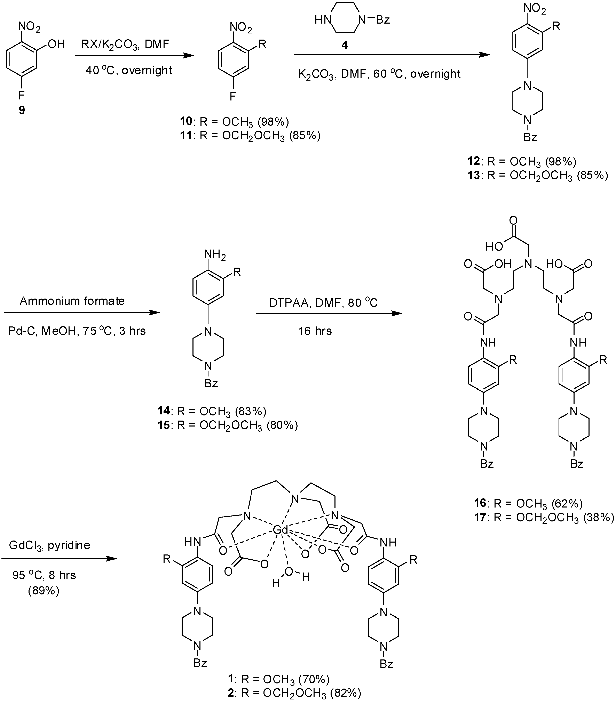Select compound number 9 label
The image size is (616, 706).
click(22, 110)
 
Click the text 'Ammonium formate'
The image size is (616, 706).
click(72, 301)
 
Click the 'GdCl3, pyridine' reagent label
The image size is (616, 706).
click(49, 545)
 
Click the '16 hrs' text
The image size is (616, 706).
click(315, 331)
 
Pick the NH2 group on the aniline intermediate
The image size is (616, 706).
click(215, 254)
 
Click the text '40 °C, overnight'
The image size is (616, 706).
click(129, 70)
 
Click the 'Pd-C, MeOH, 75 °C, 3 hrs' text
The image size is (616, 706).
click(77, 331)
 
